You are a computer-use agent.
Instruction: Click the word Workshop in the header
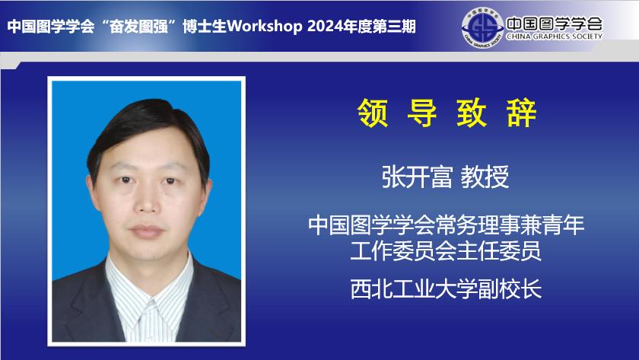tap(264, 27)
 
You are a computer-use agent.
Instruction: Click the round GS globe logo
tap(482, 27)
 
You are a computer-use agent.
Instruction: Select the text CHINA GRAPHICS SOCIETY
tap(555, 37)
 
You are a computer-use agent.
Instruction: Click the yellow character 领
tap(373, 113)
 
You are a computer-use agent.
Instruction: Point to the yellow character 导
tap(422, 113)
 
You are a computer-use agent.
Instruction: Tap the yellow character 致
tap(472, 113)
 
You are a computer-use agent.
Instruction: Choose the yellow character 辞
tap(521, 113)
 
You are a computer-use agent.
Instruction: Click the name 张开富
tap(417, 177)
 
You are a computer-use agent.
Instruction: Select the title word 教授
tap(485, 177)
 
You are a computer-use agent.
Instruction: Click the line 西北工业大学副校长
tap(447, 289)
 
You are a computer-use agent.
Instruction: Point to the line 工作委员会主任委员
tap(447, 250)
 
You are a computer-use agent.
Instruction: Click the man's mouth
tap(147, 231)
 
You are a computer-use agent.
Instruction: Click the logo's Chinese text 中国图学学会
tap(555, 24)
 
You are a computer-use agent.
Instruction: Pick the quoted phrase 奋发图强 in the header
tap(139, 27)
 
